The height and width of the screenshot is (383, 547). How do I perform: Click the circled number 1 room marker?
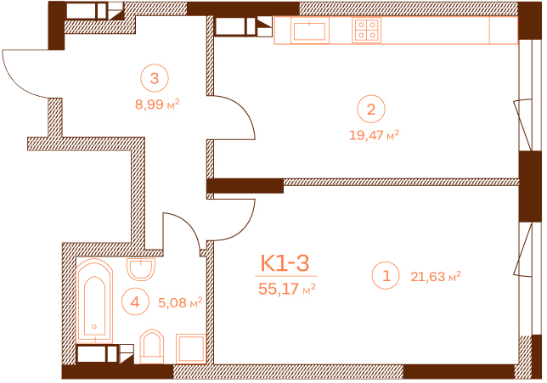(x=386, y=275)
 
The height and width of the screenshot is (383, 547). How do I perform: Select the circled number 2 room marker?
(x=371, y=109)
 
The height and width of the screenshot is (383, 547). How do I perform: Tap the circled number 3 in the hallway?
(x=155, y=78)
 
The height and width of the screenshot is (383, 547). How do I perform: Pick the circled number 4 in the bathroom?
(x=135, y=301)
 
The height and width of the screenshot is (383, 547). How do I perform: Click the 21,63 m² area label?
(x=436, y=277)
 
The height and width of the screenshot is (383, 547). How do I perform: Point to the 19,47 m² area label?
(x=375, y=135)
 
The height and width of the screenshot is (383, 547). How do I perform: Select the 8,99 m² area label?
(x=157, y=104)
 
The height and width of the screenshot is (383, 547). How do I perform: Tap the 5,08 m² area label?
(x=180, y=302)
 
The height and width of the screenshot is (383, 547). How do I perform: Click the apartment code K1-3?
(x=285, y=263)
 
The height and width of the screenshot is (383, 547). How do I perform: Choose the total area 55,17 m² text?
(x=287, y=289)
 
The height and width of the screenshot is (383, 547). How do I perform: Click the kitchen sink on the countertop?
(x=309, y=31)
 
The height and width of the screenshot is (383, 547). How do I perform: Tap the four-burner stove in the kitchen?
(x=366, y=30)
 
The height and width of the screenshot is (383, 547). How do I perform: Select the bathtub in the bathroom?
(x=94, y=301)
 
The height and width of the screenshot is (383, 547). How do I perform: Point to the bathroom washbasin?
(x=141, y=269)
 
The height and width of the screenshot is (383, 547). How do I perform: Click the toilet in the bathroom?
(x=152, y=346)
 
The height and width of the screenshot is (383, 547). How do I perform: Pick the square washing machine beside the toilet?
(x=191, y=348)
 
